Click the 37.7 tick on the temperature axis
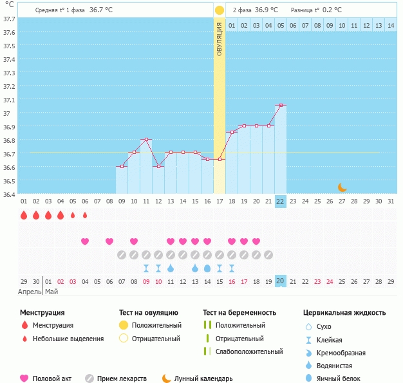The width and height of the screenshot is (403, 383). [x=8, y=19]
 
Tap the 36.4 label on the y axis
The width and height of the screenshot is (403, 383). [x=8, y=194]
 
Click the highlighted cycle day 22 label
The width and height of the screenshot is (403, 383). [x=280, y=201]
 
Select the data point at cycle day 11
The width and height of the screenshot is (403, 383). [x=146, y=140]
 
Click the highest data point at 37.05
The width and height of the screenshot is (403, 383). [x=280, y=105]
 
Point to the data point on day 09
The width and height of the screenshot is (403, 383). [x=122, y=167]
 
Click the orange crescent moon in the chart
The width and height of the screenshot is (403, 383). [x=342, y=187]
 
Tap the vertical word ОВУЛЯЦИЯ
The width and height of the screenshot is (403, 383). [x=220, y=39]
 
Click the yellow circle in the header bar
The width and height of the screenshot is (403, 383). [x=220, y=10]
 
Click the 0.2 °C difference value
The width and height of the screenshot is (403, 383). [x=332, y=10]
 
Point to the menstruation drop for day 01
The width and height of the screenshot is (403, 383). [x=24, y=216]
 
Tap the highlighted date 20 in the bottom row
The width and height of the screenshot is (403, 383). [x=280, y=281]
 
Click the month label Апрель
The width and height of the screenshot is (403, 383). [x=29, y=292]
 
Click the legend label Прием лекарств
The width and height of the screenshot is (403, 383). [x=122, y=378]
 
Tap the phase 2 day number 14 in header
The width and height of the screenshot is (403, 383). [x=391, y=25]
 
